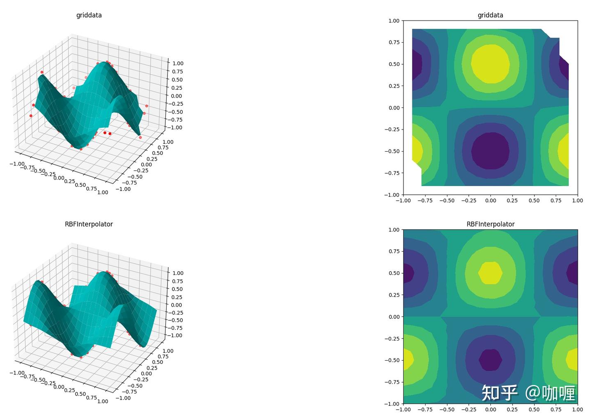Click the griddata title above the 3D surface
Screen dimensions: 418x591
89,15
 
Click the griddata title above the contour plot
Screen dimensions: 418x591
490,15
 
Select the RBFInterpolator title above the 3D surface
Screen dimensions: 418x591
89,224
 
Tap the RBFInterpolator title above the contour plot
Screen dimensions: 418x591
490,224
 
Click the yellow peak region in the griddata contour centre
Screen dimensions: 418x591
490,64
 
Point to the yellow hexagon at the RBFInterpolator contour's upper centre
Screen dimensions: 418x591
490,273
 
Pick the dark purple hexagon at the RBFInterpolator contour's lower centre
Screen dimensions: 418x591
490,360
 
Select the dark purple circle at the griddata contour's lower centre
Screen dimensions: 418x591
490,151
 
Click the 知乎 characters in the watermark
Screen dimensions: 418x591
499,393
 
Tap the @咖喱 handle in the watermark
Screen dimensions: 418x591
550,393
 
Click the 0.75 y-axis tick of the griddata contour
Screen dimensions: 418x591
394,42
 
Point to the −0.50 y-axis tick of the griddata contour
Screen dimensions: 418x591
393,151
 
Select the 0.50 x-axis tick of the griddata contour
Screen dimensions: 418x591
534,201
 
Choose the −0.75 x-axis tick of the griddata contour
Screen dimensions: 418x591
425,201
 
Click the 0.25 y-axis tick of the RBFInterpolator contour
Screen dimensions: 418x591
394,295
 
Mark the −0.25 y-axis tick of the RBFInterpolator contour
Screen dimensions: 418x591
393,338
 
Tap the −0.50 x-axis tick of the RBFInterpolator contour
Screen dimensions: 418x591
447,409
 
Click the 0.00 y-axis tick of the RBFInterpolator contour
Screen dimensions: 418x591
394,317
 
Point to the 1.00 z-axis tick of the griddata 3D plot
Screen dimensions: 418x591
178,64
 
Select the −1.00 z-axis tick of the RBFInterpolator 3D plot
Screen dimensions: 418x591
176,335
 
